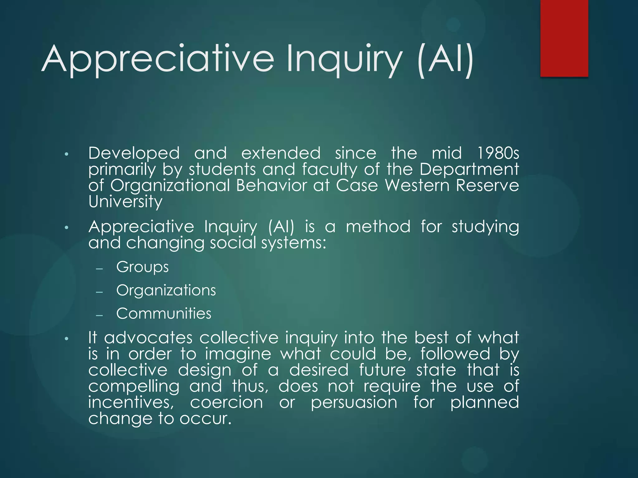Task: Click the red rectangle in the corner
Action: pyautogui.click(x=564, y=38)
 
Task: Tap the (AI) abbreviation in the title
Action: pyautogui.click(x=445, y=59)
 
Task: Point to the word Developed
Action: pyautogui.click(x=134, y=153)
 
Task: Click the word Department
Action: pyautogui.click(x=469, y=170)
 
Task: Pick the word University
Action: pyautogui.click(x=125, y=202)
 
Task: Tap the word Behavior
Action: pyautogui.click(x=272, y=185)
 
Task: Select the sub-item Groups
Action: pyautogui.click(x=142, y=267)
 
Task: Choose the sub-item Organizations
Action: pyautogui.click(x=166, y=290)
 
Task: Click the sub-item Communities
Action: pyautogui.click(x=164, y=313)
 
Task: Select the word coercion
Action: pyautogui.click(x=226, y=402)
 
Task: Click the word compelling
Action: pyautogui.click(x=134, y=387)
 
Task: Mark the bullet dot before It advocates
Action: pyautogui.click(x=66, y=339)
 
